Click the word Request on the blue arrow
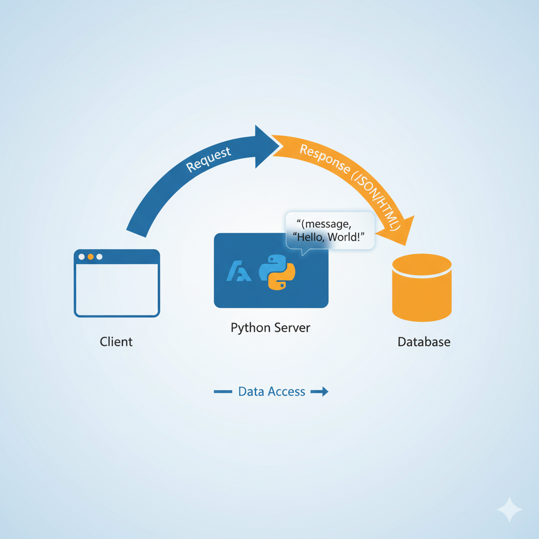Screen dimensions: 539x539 [x=208, y=159]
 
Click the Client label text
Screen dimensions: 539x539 [x=116, y=342]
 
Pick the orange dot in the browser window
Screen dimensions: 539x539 [x=91, y=257]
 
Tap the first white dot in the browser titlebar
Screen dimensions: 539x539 [x=82, y=257]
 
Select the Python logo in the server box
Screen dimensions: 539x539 [x=277, y=272]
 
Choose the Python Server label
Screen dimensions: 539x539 [x=271, y=328]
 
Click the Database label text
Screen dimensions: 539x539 [x=424, y=342]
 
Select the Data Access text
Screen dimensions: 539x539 [x=272, y=392]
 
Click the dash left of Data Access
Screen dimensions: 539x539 [x=223, y=392]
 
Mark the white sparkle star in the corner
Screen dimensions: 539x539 [x=510, y=510]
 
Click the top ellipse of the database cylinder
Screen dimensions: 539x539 [x=422, y=264]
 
